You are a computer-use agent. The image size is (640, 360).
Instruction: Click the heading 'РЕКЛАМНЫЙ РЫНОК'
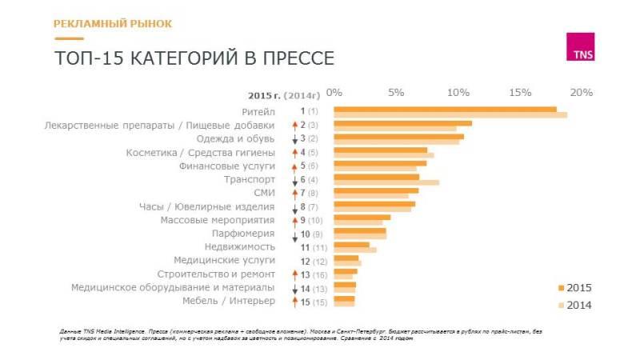tap(113, 23)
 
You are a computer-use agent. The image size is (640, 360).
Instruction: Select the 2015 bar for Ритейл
tap(445, 109)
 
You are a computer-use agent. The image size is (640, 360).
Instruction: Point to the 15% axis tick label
tap(521, 93)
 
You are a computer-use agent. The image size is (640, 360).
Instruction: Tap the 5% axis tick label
tap(396, 93)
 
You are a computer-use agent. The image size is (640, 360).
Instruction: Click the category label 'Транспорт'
tap(250, 179)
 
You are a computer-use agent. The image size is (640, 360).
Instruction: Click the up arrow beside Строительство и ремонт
tap(294, 274)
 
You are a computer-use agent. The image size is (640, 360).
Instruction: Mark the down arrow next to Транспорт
tap(294, 180)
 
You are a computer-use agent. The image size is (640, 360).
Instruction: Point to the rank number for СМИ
tap(303, 193)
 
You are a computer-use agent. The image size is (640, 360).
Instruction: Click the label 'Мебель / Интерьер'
tap(228, 301)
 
